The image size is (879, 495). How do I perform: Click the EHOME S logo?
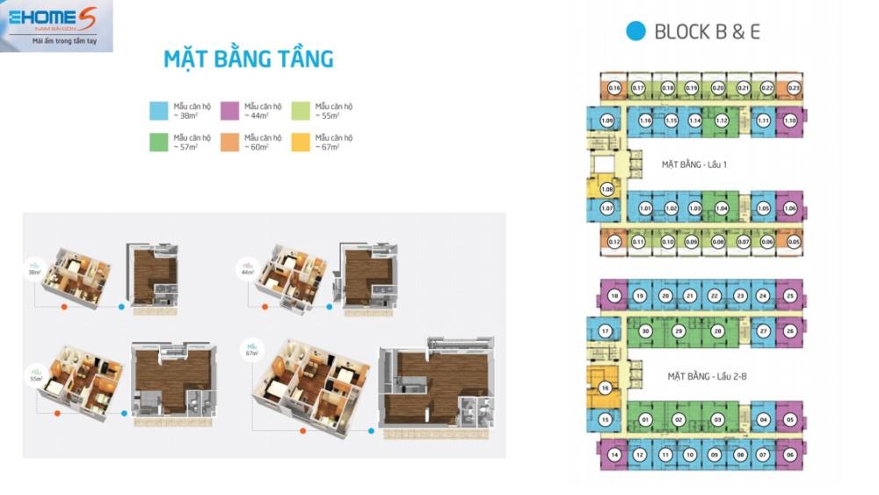click(56, 25)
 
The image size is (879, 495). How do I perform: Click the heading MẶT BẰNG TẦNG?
click(249, 60)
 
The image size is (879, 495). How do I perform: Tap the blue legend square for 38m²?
click(158, 110)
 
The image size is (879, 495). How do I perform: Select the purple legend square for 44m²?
click(229, 110)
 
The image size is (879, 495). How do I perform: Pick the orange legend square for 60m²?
click(229, 142)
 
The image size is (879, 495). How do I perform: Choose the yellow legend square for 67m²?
click(301, 142)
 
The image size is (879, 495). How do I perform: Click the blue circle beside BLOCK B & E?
click(635, 32)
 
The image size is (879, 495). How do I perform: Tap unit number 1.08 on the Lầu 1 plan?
click(607, 189)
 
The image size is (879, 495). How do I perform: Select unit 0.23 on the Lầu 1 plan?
click(794, 87)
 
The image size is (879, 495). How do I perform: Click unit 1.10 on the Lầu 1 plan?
click(789, 120)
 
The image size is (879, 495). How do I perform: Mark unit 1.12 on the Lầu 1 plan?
click(722, 120)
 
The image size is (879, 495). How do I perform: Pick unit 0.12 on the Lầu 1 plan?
click(614, 242)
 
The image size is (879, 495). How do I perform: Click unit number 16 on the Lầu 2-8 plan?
click(605, 389)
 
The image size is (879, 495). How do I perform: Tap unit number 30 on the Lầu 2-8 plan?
click(645, 331)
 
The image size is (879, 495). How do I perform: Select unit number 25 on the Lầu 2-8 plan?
click(790, 296)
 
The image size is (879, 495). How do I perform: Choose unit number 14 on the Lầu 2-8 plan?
click(614, 455)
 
